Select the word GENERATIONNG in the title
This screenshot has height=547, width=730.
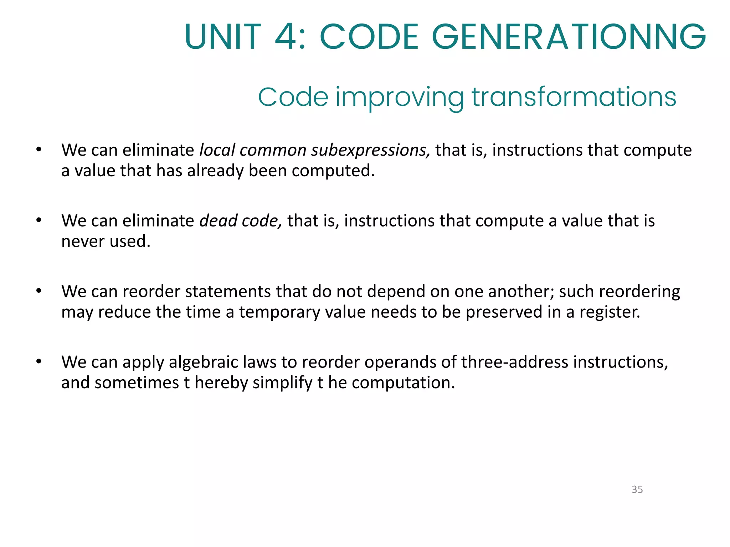[569, 37]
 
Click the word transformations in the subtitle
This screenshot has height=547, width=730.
[574, 97]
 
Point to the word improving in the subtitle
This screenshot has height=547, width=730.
[400, 98]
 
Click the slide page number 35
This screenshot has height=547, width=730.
[637, 489]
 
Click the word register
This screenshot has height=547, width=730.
[610, 312]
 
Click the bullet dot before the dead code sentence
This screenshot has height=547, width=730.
[39, 220]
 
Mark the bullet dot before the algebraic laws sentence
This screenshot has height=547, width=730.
[39, 362]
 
